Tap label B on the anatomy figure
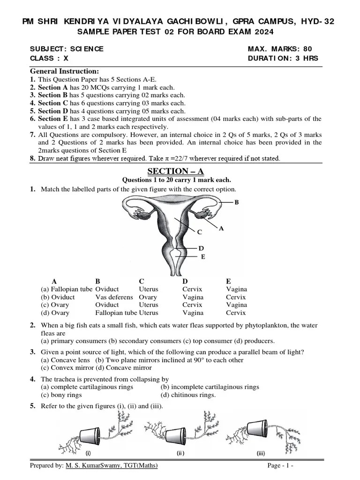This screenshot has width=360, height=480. point(237,202)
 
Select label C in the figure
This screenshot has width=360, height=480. point(199,232)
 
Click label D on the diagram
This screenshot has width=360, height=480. point(201,248)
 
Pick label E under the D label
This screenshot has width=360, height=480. point(203,256)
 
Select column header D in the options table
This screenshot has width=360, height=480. point(185,281)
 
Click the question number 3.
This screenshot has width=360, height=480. point(33,352)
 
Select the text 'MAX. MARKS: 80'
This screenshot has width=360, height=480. point(280,49)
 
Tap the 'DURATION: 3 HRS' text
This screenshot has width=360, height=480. point(283,58)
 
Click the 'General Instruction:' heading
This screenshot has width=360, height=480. point(64,71)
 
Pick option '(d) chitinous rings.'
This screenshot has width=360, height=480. point(188,395)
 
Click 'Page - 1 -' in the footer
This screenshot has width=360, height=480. point(280,465)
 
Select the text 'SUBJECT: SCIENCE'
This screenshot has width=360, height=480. point(67,49)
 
